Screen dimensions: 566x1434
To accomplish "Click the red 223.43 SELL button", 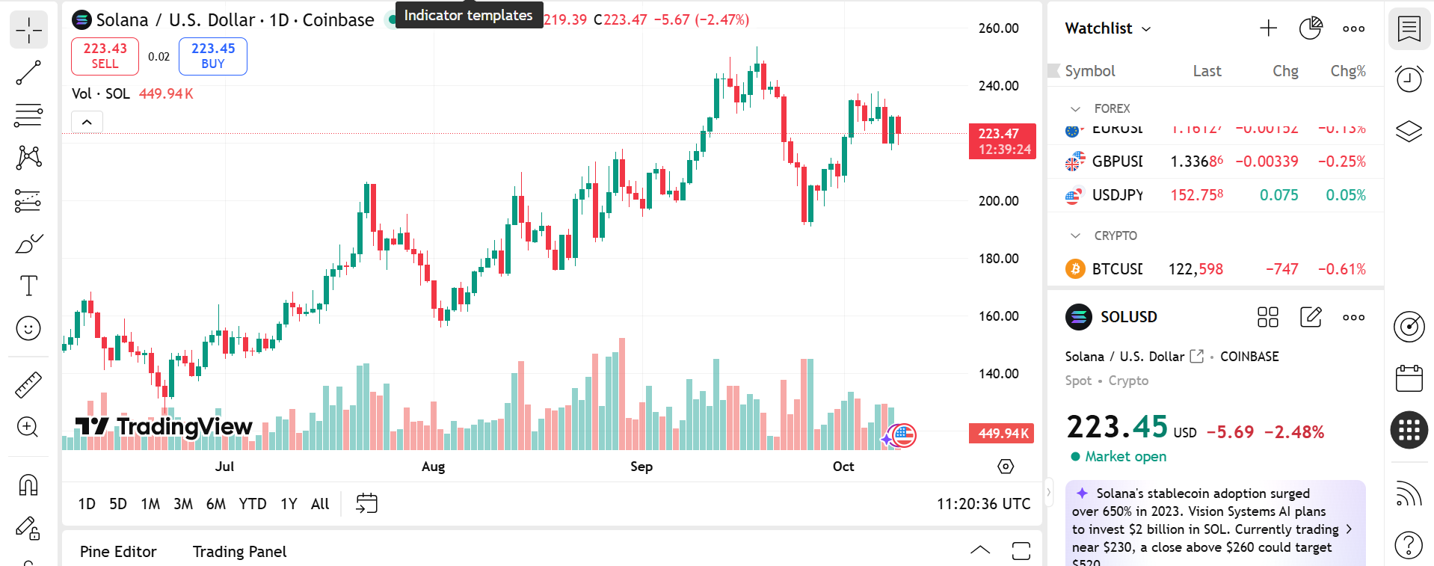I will coord(105,56).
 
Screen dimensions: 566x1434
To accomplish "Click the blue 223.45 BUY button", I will coord(213,56).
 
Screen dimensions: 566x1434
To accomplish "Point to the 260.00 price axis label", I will coord(998,28).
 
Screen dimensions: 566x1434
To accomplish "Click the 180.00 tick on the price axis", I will coord(998,259).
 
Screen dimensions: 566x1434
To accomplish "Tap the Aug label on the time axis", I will coord(433,467).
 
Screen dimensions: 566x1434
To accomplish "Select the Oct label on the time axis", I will coord(843,467).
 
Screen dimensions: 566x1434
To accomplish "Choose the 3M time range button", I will coord(183,504).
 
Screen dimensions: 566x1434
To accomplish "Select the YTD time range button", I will coord(253,504).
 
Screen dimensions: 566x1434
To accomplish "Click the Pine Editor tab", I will coord(118,552).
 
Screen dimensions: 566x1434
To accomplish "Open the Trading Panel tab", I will coord(239,552).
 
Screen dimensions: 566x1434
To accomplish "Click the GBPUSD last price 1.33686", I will coord(1196,162).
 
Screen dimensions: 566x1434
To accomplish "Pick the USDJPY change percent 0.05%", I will coord(1345,195).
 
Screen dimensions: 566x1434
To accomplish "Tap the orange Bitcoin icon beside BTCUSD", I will coord(1075,269).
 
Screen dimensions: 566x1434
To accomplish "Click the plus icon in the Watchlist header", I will coord(1268,28).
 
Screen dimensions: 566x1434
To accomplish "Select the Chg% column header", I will coord(1347,71).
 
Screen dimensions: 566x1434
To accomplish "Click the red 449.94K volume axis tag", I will coord(1002,434).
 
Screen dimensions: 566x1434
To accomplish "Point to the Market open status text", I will coord(1125,457).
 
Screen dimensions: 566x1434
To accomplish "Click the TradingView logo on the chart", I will coord(164,426).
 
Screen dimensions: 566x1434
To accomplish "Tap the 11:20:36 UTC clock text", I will coord(983,504).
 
